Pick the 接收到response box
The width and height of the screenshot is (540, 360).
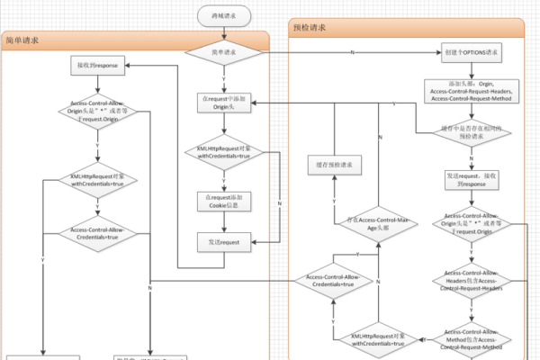click(x=97, y=66)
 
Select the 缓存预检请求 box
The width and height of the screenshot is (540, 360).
click(x=335, y=164)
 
